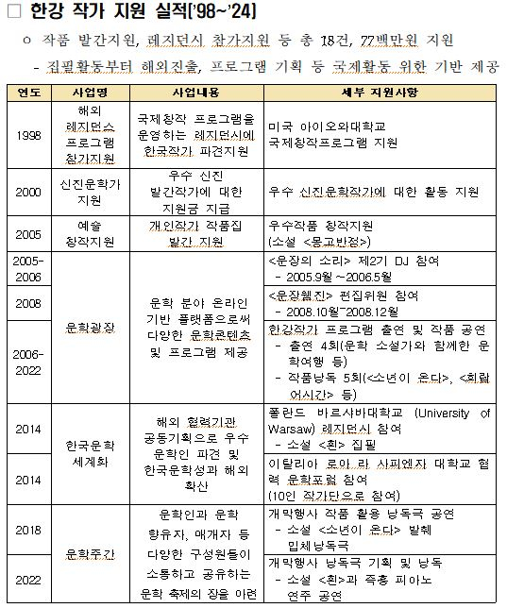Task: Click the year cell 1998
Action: pyautogui.click(x=28, y=134)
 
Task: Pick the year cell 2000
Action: pyautogui.click(x=28, y=192)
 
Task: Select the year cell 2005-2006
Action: pyautogui.click(x=28, y=270)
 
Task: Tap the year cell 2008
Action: pyautogui.click(x=28, y=304)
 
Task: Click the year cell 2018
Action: pyautogui.click(x=28, y=531)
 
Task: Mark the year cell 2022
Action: pyautogui.click(x=28, y=578)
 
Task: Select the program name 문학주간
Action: pyautogui.click(x=90, y=553)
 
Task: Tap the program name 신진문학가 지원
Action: pyautogui.click(x=90, y=192)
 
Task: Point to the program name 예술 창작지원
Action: pyautogui.click(x=90, y=234)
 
